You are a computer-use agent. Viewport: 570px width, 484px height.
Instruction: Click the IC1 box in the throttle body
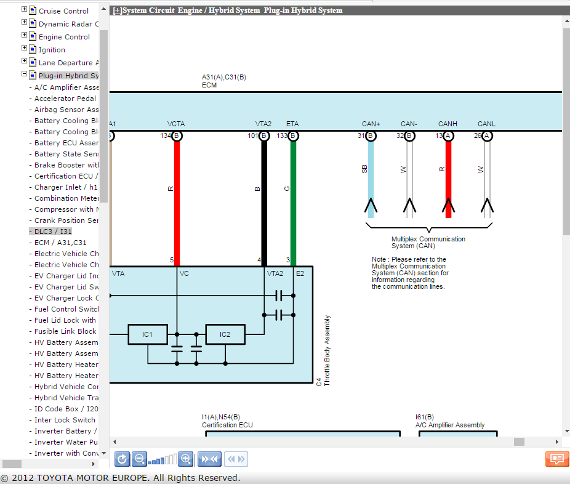147,334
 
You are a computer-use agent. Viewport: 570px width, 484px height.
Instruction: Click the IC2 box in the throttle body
225,334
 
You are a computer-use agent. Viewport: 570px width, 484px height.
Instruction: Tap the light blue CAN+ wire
371,179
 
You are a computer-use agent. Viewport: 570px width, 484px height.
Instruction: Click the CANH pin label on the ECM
448,124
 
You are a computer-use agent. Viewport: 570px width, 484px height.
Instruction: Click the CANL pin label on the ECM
486,124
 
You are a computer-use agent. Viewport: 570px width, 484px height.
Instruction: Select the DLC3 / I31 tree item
53,232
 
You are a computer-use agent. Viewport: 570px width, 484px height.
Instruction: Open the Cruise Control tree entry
63,11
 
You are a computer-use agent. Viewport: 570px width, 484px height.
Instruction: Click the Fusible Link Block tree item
65,331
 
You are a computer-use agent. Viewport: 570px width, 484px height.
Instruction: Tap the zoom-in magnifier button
186,459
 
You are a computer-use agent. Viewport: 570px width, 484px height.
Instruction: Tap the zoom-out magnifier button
140,459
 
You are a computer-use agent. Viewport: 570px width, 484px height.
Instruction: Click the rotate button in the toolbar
122,459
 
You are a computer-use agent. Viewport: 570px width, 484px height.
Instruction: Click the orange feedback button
556,459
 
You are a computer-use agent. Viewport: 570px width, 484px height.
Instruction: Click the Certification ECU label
227,425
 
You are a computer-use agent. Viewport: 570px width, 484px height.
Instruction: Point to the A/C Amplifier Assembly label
449,425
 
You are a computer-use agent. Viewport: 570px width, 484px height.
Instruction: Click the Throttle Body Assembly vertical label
327,351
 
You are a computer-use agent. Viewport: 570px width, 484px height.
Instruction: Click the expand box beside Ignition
25,49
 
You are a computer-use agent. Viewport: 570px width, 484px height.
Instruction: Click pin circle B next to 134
177,135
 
